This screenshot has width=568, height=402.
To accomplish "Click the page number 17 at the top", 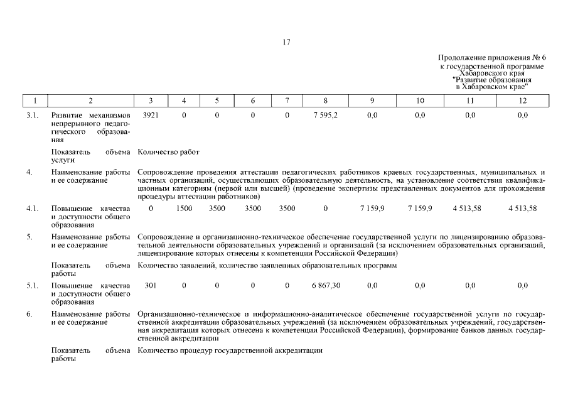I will coord(286,43).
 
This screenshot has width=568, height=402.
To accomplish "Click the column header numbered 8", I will coord(325,100).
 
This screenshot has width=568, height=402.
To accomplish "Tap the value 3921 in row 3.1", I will coord(151,116).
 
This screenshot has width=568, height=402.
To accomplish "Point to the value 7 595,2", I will coord(325,116).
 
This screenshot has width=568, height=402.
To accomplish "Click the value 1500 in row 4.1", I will coord(184,208).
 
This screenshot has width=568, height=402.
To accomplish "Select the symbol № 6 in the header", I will coord(540,58).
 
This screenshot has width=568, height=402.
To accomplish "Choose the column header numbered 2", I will coord(91,100).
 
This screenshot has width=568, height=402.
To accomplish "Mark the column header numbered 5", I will coord(217,100).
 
